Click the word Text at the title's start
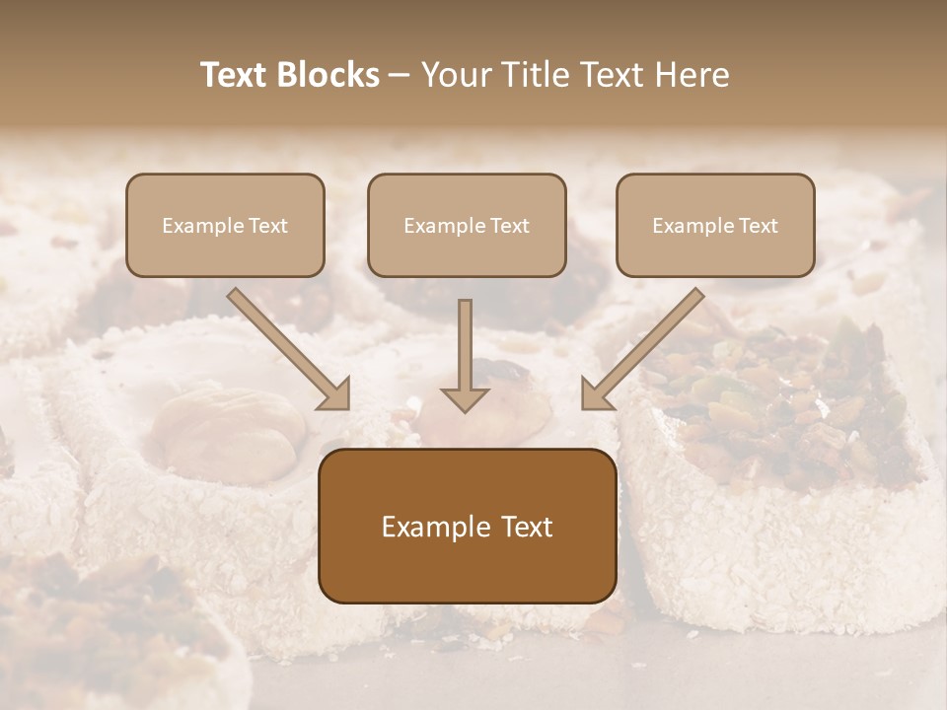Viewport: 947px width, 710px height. (236, 75)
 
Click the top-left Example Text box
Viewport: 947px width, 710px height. (225, 225)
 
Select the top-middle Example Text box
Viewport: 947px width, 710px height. (467, 225)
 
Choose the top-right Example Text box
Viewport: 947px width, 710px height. (715, 225)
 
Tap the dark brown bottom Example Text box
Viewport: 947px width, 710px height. (467, 527)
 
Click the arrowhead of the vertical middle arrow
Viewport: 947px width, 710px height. (465, 398)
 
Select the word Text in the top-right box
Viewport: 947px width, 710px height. (758, 225)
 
